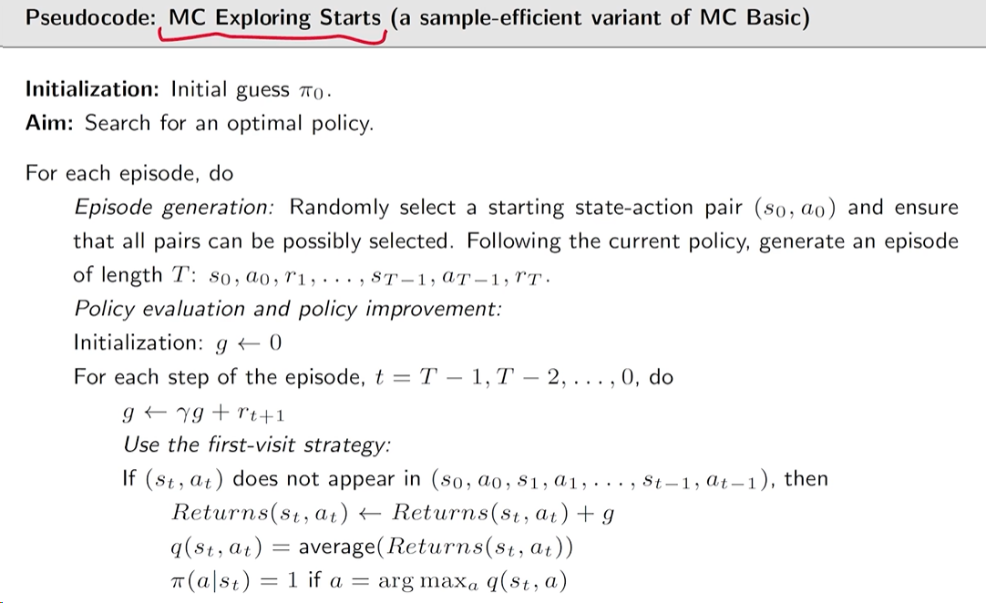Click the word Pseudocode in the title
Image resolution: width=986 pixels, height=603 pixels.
pos(90,17)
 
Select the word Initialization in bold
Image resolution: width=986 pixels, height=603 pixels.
pos(92,89)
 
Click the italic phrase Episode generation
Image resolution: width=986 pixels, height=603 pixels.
pos(174,208)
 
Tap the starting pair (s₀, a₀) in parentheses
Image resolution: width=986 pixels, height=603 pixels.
pos(796,208)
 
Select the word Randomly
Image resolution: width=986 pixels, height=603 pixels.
pos(339,208)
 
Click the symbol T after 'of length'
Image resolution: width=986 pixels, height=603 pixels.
pos(181,275)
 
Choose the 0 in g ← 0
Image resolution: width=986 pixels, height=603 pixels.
pos(275,342)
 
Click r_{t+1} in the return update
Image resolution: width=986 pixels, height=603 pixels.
pos(261,414)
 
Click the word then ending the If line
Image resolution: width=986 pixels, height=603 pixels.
pos(806,478)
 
